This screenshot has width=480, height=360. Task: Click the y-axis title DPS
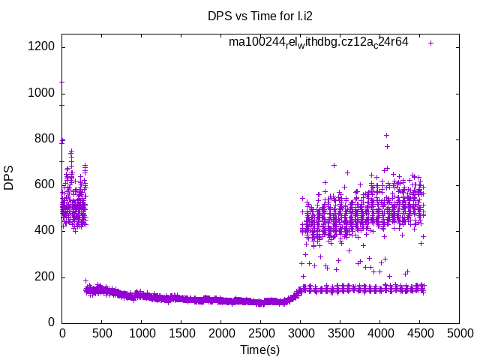[10, 178]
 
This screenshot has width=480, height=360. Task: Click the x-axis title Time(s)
[260, 349]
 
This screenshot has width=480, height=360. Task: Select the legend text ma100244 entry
[319, 43]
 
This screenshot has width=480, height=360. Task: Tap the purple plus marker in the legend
[430, 43]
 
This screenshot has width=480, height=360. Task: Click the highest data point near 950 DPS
[62, 105]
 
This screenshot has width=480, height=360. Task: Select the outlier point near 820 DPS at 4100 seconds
[386, 135]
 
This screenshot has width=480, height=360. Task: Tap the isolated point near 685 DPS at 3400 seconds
[334, 165]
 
